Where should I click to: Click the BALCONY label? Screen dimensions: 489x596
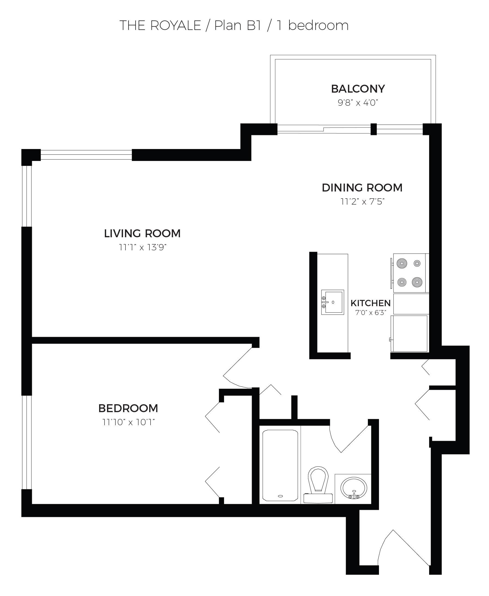tap(358, 89)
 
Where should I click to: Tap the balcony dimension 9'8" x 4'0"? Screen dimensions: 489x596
tap(358, 103)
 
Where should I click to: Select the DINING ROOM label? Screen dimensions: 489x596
tap(362, 188)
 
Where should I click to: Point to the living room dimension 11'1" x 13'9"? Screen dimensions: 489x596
tap(142, 247)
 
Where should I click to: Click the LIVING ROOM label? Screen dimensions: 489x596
tap(142, 233)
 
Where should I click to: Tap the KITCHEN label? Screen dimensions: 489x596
tap(370, 303)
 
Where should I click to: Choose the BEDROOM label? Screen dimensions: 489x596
tap(128, 408)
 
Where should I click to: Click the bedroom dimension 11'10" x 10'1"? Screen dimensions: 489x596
tap(129, 422)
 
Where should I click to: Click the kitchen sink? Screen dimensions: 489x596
tap(333, 302)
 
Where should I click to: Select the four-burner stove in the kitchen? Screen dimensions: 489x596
tap(409, 273)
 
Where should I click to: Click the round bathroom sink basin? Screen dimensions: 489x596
tap(354, 488)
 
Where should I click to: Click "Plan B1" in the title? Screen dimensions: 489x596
tap(238, 25)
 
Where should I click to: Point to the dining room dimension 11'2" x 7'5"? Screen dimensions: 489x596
tap(362, 202)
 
